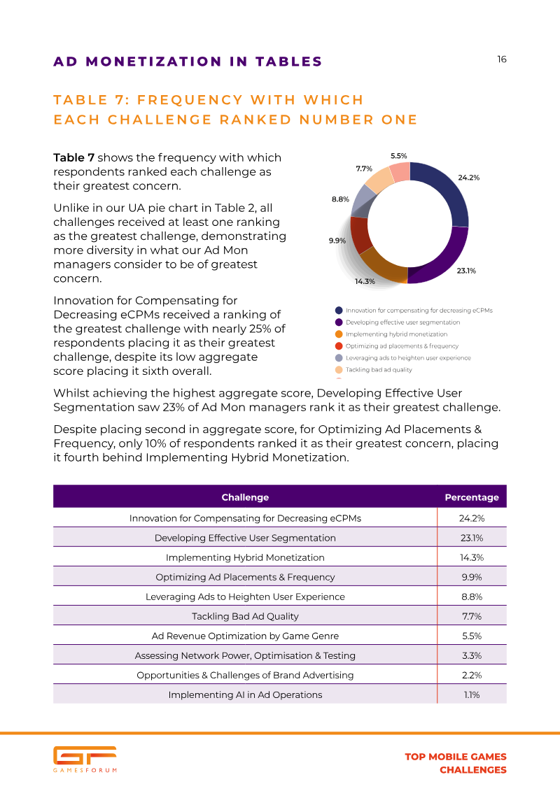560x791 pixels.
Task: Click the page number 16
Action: (x=501, y=59)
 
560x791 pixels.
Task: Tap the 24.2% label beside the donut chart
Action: (x=468, y=178)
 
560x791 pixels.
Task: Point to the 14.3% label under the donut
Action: (x=365, y=281)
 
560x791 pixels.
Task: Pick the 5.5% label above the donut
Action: (x=398, y=156)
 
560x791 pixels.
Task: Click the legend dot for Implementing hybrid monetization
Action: (x=339, y=334)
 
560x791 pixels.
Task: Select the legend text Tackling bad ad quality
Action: (x=379, y=370)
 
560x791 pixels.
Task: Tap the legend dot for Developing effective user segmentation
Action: (x=339, y=322)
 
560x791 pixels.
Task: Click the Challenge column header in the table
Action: (x=245, y=497)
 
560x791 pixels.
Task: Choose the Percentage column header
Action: (x=472, y=497)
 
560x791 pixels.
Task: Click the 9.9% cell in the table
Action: (x=472, y=577)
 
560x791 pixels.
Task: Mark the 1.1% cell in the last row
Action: (x=472, y=694)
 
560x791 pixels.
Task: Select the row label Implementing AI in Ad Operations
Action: (x=245, y=694)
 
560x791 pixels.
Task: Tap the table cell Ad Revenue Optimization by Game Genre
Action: (x=245, y=636)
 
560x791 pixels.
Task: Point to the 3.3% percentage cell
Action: (x=472, y=655)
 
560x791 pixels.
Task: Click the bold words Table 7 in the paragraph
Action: (x=74, y=157)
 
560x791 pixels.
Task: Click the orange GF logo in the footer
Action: (x=85, y=756)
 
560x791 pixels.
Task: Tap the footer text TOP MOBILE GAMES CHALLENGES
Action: (x=456, y=763)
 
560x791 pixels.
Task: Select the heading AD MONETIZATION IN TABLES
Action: (x=188, y=62)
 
